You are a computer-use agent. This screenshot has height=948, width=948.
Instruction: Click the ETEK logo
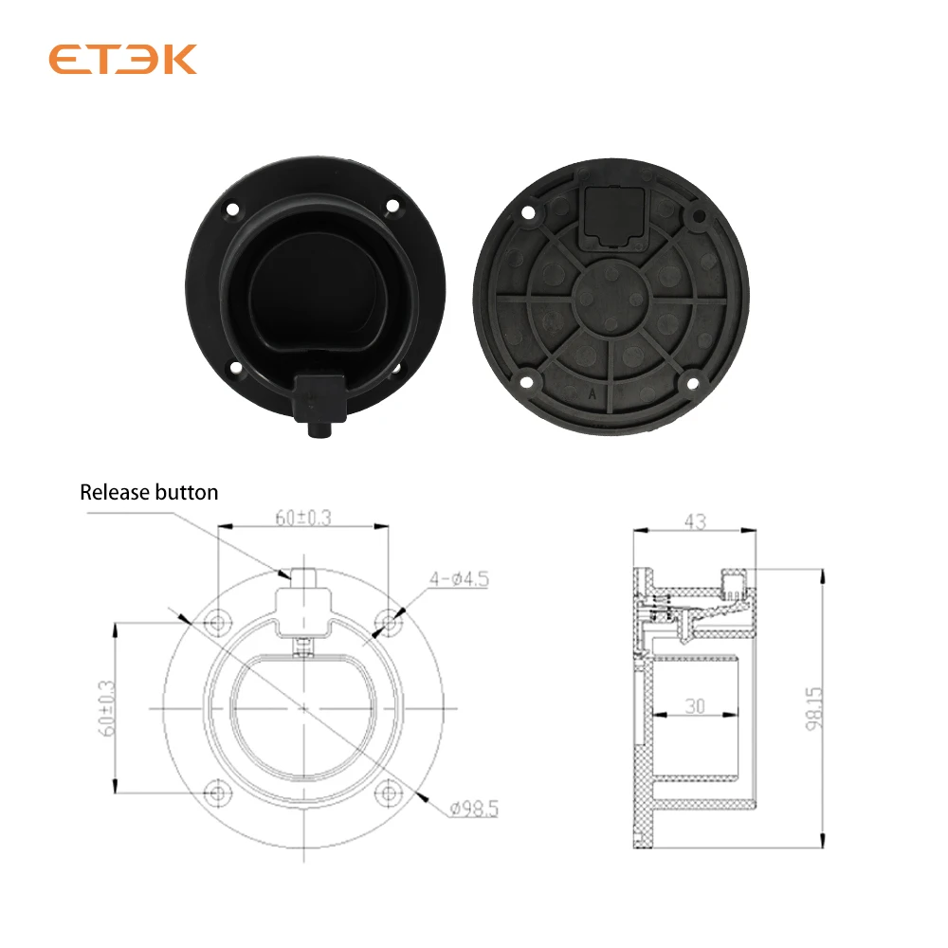pyautogui.click(x=122, y=59)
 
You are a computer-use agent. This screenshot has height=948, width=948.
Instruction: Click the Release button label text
pyautogui.click(x=149, y=492)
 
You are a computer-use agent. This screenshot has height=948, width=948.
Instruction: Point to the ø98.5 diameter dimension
pyautogui.click(x=473, y=809)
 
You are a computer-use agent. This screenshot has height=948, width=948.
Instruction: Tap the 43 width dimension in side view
pyautogui.click(x=696, y=521)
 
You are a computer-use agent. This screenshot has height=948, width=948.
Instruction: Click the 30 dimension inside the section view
pyautogui.click(x=696, y=705)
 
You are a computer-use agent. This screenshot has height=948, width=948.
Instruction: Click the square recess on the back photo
pyautogui.click(x=608, y=211)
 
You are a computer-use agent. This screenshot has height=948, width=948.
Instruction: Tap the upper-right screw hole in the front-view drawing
pyautogui.click(x=388, y=623)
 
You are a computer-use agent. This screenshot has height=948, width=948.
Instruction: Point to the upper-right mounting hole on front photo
pyautogui.click(x=391, y=203)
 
